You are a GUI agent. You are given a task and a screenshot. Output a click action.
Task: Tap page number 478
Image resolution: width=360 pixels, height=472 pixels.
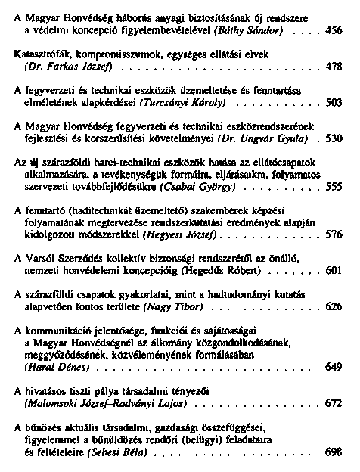334,67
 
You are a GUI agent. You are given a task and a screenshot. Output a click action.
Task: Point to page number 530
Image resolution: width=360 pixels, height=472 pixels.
334,139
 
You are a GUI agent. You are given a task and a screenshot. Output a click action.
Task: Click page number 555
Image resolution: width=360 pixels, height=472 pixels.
334,186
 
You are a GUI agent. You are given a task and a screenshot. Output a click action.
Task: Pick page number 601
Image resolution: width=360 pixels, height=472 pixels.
334,269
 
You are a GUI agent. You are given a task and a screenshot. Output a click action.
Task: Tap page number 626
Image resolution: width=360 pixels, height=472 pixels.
334,306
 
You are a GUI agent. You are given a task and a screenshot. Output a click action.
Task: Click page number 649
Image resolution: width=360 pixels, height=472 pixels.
334,366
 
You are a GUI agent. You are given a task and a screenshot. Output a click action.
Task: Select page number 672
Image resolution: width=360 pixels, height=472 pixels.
334,403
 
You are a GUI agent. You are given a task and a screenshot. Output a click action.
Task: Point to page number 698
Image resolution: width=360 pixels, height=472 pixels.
334,452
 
